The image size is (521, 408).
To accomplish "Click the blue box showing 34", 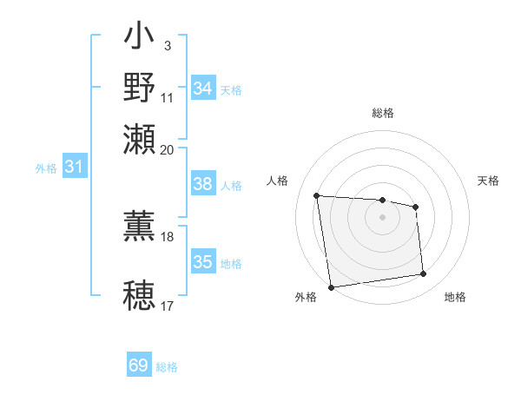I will (x=203, y=88).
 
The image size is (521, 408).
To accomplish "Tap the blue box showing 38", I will (x=203, y=184).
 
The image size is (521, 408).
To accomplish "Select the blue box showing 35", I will (x=203, y=262).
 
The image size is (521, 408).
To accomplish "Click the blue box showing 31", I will (x=75, y=168).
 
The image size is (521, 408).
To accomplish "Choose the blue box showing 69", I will (x=139, y=365).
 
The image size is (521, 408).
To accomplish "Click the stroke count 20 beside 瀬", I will (x=168, y=149).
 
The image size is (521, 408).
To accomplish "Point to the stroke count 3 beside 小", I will (x=167, y=43).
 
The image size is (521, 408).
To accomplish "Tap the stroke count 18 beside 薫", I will (x=168, y=236).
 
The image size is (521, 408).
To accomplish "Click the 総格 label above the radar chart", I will (x=382, y=113).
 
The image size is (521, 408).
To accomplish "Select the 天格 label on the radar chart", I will (x=488, y=181).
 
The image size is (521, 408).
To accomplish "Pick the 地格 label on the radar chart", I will (x=455, y=297).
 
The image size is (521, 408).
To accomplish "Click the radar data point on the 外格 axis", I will (x=331, y=286).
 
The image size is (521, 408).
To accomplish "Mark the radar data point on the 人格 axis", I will (x=317, y=195).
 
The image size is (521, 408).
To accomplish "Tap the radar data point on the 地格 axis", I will (x=424, y=274).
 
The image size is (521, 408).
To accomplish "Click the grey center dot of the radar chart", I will (x=382, y=217).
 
